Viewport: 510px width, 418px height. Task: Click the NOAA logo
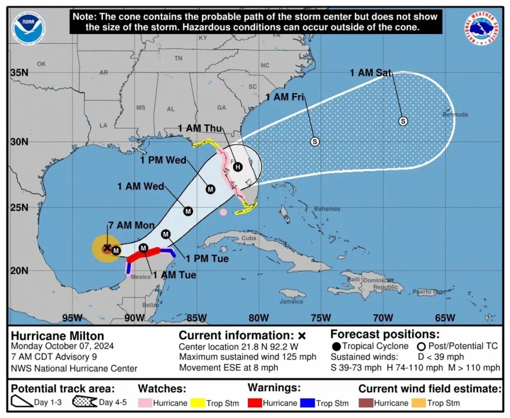click(x=29, y=28)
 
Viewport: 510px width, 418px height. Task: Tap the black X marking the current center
click(x=107, y=248)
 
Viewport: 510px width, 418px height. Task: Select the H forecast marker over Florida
click(x=238, y=167)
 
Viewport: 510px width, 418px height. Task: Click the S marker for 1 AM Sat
click(x=403, y=121)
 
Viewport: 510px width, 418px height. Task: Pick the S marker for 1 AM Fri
click(x=315, y=141)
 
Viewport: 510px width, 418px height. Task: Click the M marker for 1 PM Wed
click(x=210, y=189)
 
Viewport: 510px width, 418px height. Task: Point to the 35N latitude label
click(x=19, y=72)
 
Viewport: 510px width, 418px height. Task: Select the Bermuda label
click(x=456, y=115)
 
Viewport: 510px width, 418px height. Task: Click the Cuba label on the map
click(x=249, y=238)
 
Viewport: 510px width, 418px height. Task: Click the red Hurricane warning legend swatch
click(x=254, y=403)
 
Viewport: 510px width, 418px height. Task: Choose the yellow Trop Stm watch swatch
click(x=198, y=403)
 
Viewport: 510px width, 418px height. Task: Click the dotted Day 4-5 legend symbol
click(x=85, y=403)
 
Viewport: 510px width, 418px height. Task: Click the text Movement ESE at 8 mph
click(x=228, y=368)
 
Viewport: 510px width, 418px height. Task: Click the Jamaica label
click(x=291, y=302)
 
